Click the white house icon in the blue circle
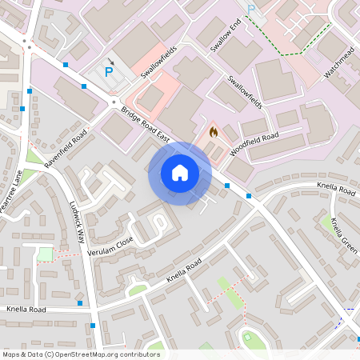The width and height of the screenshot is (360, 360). [x=180, y=173]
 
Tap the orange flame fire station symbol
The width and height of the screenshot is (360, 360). [x=213, y=130]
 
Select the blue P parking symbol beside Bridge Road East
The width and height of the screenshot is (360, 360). [x=109, y=71]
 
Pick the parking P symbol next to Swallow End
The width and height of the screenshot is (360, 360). [x=251, y=10]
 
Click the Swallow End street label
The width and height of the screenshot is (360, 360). [x=226, y=33]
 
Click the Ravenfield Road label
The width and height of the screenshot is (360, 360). [x=65, y=149]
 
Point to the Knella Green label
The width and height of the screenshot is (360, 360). [x=343, y=234]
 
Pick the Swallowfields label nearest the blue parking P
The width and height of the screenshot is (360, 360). [x=158, y=62]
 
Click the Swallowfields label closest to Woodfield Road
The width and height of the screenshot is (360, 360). [x=243, y=92]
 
